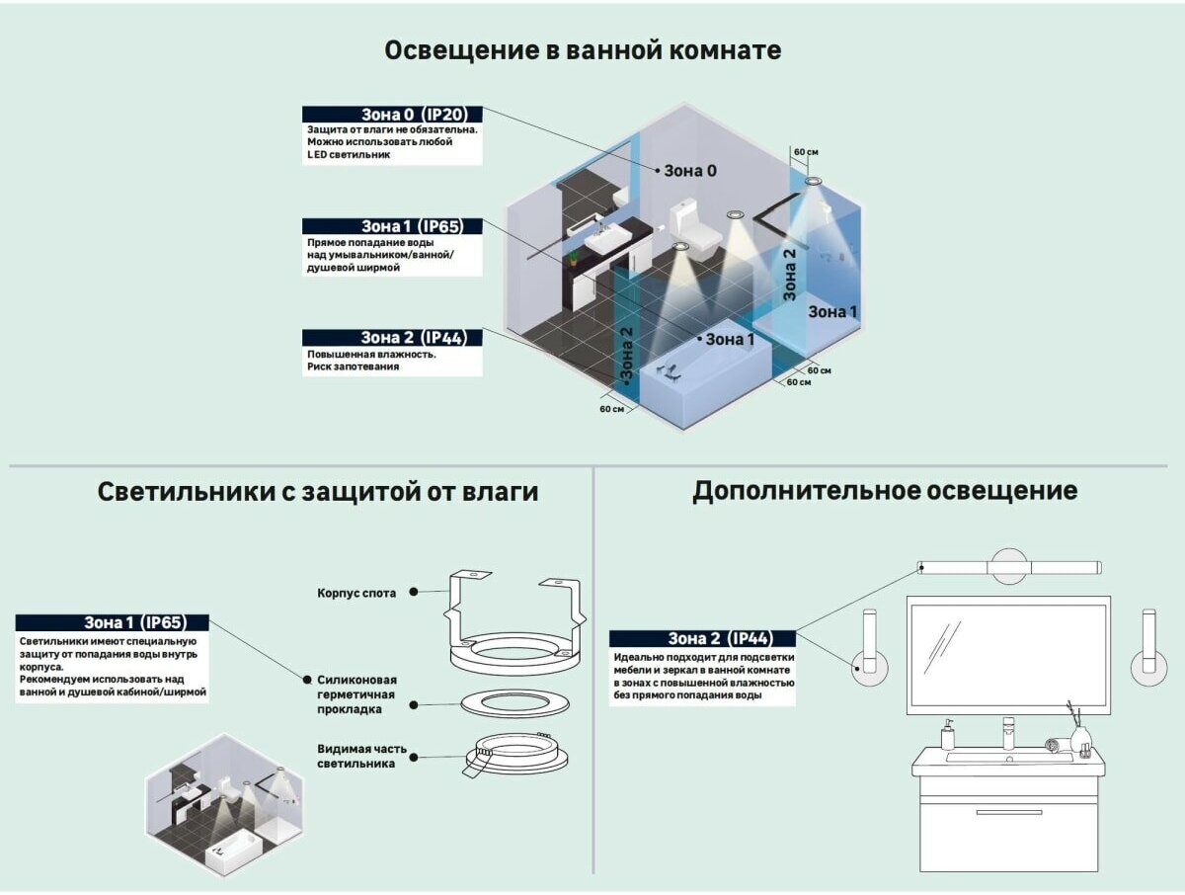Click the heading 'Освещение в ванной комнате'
[583, 50]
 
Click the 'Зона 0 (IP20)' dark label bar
[392, 115]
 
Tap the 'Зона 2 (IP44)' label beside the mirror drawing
[702, 638]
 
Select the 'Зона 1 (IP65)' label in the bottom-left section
[113, 622]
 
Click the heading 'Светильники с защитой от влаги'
[318, 491]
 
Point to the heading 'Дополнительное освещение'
[885, 490]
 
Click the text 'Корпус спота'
[356, 594]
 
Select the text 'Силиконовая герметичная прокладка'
[356, 694]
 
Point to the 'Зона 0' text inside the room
[689, 171]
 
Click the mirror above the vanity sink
[1007, 652]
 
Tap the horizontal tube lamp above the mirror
[1008, 567]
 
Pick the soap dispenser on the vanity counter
[948, 735]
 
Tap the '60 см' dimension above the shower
[806, 152]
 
